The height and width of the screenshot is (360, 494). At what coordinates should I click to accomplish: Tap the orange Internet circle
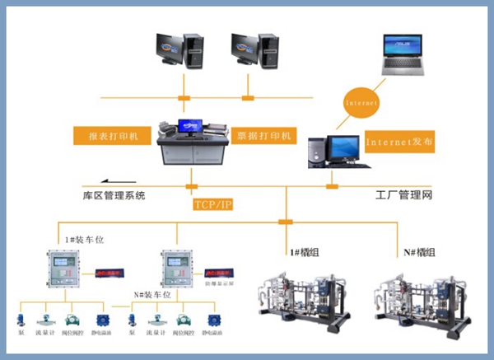[360, 104]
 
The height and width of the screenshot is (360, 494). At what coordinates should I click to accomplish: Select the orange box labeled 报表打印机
[111, 133]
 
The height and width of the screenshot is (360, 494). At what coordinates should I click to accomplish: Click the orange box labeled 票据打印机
[264, 133]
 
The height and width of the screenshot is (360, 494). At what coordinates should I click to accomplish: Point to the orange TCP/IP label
[213, 203]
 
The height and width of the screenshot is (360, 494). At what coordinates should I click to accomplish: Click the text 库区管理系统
[114, 195]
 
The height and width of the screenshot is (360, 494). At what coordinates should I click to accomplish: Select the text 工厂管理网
[403, 195]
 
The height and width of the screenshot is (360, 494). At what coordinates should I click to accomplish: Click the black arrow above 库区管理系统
[120, 182]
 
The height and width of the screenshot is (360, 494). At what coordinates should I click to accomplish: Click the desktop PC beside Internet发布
[333, 148]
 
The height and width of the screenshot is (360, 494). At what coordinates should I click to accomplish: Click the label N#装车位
[153, 293]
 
